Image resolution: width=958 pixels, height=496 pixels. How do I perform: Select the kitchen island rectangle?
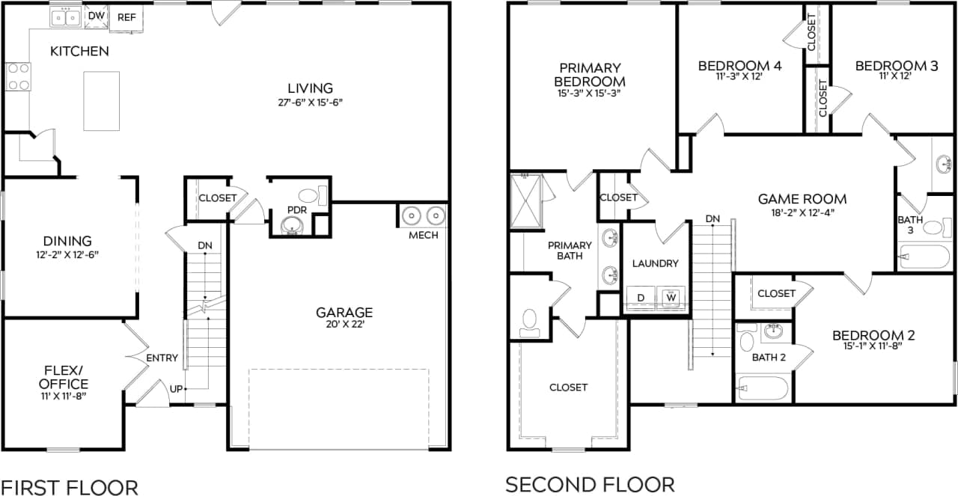pos(101,100)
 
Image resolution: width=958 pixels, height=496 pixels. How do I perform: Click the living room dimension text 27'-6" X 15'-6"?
pos(310,102)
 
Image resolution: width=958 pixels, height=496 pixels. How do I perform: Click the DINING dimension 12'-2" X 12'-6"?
pos(67,255)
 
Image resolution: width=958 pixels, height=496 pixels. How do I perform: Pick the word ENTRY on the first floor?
pos(162,358)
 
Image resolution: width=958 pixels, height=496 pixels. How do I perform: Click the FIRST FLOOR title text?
pos(69,486)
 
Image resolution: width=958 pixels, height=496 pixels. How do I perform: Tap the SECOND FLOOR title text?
pos(590,484)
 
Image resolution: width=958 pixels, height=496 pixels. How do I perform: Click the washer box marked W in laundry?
pos(671,298)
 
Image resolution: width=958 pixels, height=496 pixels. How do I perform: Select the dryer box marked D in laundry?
pos(641,298)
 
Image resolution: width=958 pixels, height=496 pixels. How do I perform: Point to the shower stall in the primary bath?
pos(530,200)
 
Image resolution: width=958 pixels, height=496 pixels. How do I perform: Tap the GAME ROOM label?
pos(802,199)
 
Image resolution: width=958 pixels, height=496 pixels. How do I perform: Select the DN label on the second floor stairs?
pos(713,219)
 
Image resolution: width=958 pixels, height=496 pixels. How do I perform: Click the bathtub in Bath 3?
pos(924,257)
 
